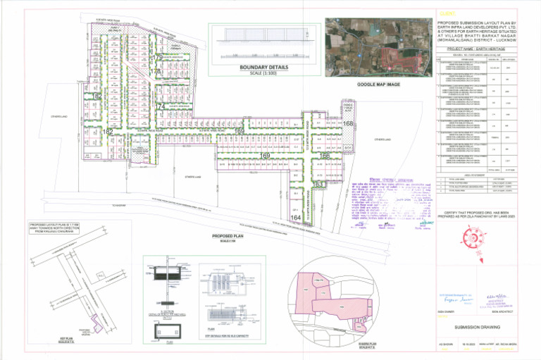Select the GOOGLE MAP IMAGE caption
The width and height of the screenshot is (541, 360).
click(378, 84)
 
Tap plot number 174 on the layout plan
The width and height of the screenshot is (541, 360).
click(161, 107)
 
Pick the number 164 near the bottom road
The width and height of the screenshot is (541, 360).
click(295, 218)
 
